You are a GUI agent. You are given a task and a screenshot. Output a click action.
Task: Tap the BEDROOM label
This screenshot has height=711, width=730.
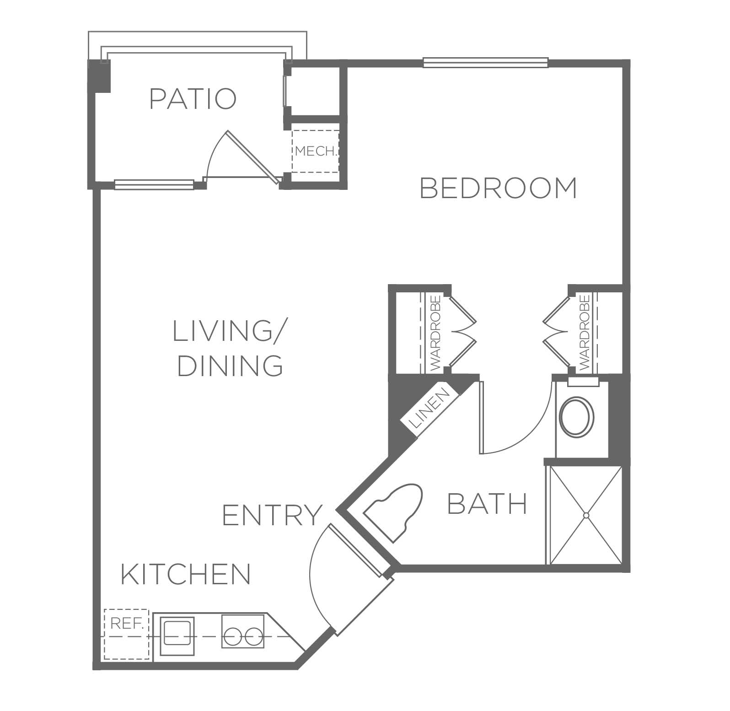tap(499, 188)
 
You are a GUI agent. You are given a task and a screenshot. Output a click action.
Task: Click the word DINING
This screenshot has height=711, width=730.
tap(230, 366)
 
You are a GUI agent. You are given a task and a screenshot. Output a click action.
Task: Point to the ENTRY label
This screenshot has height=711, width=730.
tap(272, 515)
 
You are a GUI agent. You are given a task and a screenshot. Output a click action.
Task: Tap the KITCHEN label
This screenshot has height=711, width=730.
tap(186, 574)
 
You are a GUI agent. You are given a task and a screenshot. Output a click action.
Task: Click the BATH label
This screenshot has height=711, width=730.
tap(487, 504)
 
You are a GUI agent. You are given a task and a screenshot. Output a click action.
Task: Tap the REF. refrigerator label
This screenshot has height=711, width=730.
tap(127, 624)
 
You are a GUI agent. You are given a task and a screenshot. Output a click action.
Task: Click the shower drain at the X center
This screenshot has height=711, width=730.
tap(585, 515)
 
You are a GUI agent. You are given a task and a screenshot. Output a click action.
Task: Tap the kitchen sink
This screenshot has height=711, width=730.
tap(178, 633)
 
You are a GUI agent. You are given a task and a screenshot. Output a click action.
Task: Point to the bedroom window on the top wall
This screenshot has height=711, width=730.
tap(485, 63)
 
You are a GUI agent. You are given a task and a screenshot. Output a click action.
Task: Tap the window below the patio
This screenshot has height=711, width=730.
tap(154, 184)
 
